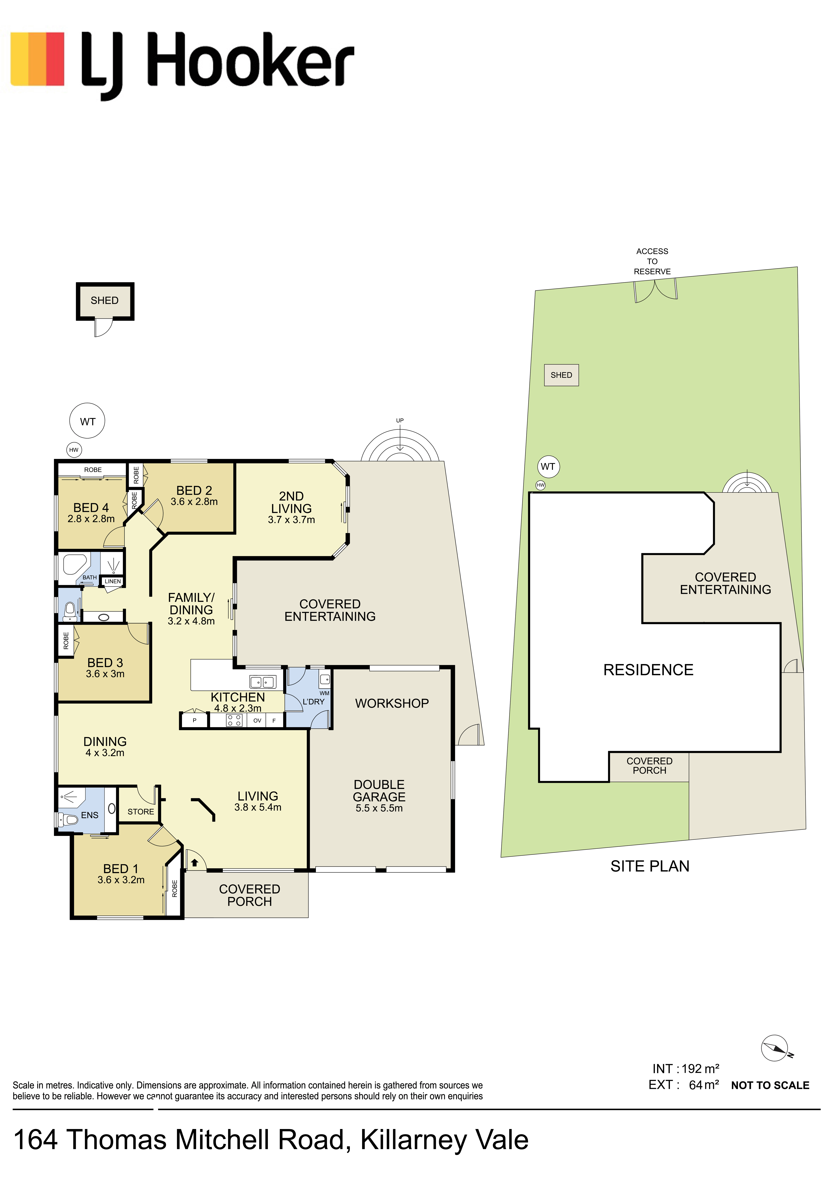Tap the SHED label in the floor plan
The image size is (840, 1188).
tap(105, 301)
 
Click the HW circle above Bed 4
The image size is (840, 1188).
tap(74, 450)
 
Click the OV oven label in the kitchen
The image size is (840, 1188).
tap(257, 720)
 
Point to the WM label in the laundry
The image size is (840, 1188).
tap(324, 693)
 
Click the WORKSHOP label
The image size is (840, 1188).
tap(392, 703)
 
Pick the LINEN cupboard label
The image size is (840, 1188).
tap(113, 581)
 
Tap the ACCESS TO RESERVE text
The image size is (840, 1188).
tap(652, 261)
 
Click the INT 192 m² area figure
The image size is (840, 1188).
tap(686, 1069)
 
